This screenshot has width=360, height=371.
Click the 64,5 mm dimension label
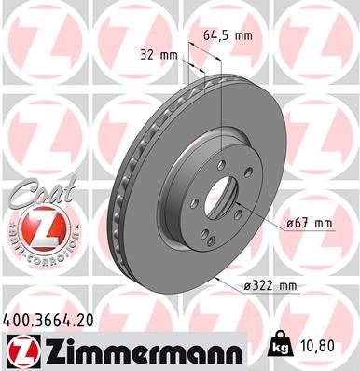coord(228,35)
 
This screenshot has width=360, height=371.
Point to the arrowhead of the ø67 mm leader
coord(239,203)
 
